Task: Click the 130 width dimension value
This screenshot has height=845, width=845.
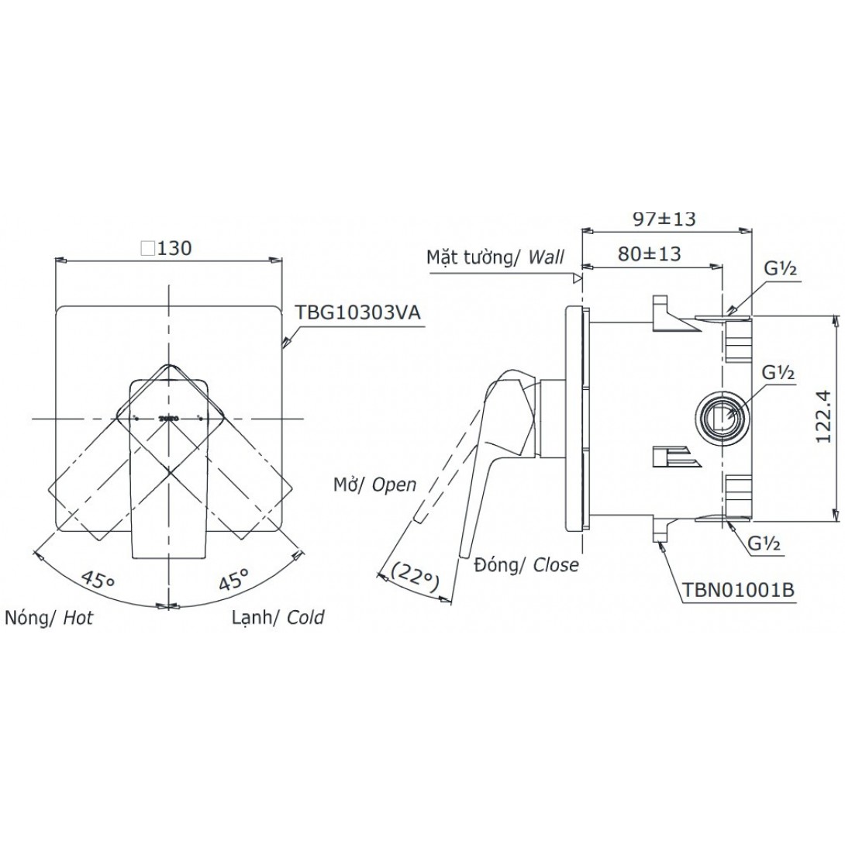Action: pyautogui.click(x=174, y=248)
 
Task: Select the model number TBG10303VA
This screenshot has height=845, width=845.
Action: pyautogui.click(x=358, y=313)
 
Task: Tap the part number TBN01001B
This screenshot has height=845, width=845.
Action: pyautogui.click(x=738, y=589)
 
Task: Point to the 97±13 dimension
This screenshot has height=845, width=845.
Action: pyautogui.click(x=664, y=219)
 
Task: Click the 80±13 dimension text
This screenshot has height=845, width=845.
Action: pyautogui.click(x=650, y=253)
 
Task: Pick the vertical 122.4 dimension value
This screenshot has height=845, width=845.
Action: pyautogui.click(x=824, y=416)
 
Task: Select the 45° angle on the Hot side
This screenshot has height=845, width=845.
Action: pyautogui.click(x=98, y=581)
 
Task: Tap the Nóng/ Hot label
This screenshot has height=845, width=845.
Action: pyautogui.click(x=49, y=617)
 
